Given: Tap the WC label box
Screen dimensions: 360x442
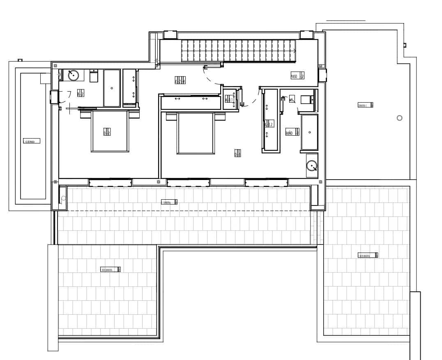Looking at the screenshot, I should (292, 99).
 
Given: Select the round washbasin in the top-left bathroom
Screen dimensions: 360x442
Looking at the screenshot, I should (73, 75).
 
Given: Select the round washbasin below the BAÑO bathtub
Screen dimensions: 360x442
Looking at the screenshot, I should (312, 166).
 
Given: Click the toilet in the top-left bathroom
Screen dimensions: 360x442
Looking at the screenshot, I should (94, 76).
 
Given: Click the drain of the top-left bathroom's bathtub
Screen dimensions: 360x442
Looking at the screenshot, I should (111, 88).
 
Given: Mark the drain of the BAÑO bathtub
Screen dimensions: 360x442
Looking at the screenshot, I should (309, 132).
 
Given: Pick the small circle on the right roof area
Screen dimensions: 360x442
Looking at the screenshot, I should (399, 118).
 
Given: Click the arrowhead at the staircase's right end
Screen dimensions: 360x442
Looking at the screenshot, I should (295, 51).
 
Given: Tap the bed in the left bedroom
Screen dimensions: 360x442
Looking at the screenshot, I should (110, 132).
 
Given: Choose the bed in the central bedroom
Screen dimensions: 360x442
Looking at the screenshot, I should (196, 134).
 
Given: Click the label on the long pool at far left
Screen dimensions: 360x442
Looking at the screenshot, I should (32, 141).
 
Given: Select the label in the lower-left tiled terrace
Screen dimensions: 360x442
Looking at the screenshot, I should (110, 270).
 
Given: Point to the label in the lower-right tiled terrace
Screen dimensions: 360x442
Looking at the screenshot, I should (368, 255).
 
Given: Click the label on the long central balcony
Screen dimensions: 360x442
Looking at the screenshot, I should (169, 202).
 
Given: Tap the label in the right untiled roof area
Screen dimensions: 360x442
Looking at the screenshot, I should (365, 105).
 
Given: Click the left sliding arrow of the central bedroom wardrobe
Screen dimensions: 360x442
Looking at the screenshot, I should (177, 99).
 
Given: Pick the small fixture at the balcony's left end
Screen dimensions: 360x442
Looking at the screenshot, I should (63, 198).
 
